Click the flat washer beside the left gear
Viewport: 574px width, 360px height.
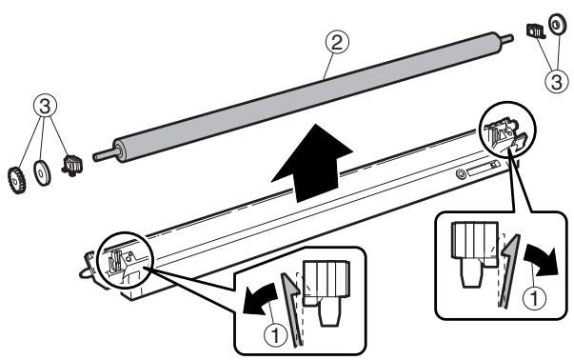pyautogui.click(x=42, y=173)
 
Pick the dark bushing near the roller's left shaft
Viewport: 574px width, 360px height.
pyautogui.click(x=69, y=164)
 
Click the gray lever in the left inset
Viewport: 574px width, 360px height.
pyautogui.click(x=290, y=306)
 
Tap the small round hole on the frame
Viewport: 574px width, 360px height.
pyautogui.click(x=461, y=173)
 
